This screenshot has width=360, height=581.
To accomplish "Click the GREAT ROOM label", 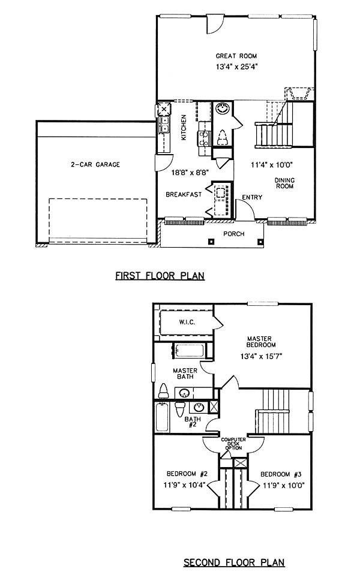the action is click(x=236, y=56).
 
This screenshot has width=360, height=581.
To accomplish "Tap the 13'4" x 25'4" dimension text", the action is click(x=236, y=67).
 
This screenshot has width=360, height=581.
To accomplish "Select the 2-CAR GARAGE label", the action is click(x=95, y=164).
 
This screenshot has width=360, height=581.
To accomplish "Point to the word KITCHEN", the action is click(x=184, y=127).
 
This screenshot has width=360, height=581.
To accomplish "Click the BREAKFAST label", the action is click(x=184, y=194).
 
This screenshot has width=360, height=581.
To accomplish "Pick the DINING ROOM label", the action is click(x=285, y=183).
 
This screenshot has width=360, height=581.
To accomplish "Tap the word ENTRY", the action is click(x=252, y=197).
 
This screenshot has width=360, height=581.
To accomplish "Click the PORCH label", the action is click(x=234, y=234).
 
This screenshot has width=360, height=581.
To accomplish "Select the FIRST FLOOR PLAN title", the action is click(x=160, y=276).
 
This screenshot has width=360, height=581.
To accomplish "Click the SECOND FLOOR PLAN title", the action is click(x=234, y=562).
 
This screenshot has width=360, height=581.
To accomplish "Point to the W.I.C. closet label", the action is click(x=187, y=323).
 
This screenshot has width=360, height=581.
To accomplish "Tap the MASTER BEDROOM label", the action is click(x=260, y=341).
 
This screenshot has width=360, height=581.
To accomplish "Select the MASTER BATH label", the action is click(x=185, y=374).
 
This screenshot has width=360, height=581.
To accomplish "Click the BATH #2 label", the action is click(x=193, y=422).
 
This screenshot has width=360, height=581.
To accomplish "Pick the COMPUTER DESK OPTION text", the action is click(x=233, y=444).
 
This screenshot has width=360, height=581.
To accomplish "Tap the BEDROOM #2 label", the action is click(x=187, y=474).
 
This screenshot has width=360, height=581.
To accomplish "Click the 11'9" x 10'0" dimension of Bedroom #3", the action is click(x=284, y=485).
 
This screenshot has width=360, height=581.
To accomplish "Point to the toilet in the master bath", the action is click(x=163, y=390).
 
